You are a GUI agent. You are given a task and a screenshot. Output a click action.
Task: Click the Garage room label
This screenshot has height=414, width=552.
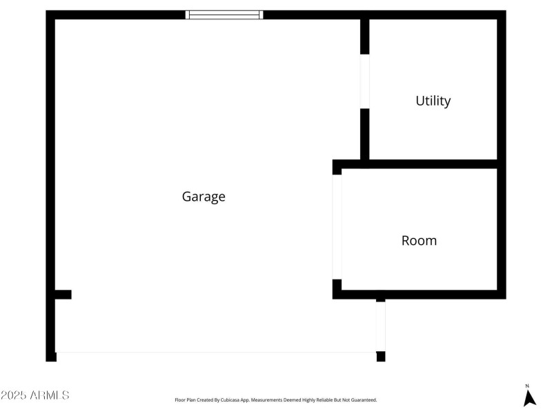pyautogui.click(x=204, y=197)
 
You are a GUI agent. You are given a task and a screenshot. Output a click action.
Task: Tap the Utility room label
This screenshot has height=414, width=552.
pyautogui.click(x=433, y=101)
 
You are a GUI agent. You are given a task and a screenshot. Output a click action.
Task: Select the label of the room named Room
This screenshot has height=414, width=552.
pyautogui.click(x=419, y=241)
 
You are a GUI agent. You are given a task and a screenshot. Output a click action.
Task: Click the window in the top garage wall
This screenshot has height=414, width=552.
pyautogui.click(x=225, y=14)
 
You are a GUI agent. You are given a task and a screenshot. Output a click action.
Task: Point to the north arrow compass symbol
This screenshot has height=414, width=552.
pyautogui.click(x=529, y=397)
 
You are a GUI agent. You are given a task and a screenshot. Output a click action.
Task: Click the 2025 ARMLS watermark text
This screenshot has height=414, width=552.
pyautogui.click(x=34, y=395)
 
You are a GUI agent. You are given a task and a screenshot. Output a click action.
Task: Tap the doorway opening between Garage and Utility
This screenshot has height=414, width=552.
pyautogui.click(x=365, y=81)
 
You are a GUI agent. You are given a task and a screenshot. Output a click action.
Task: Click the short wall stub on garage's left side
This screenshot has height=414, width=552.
pyautogui.click(x=63, y=295)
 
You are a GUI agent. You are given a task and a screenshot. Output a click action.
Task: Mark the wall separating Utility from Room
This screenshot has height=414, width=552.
pyautogui.click(x=428, y=164)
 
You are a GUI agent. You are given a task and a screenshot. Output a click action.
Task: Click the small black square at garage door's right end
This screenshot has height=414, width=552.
pyautogui.click(x=381, y=356)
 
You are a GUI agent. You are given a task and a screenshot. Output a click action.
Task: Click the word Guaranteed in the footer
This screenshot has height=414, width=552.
pyautogui.click(x=363, y=400)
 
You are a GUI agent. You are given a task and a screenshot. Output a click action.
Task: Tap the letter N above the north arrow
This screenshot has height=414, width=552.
pyautogui.click(x=527, y=386)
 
